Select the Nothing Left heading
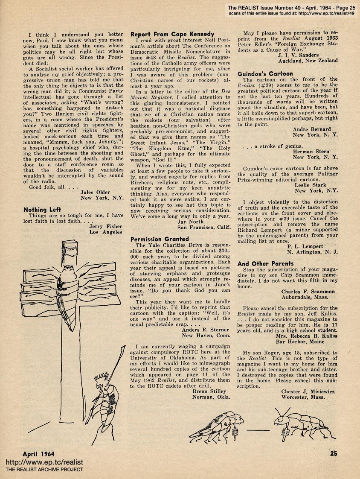(x=41, y=210)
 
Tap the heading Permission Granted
(x=160, y=239)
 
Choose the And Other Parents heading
(x=265, y=264)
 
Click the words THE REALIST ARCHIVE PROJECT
(x=44, y=470)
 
